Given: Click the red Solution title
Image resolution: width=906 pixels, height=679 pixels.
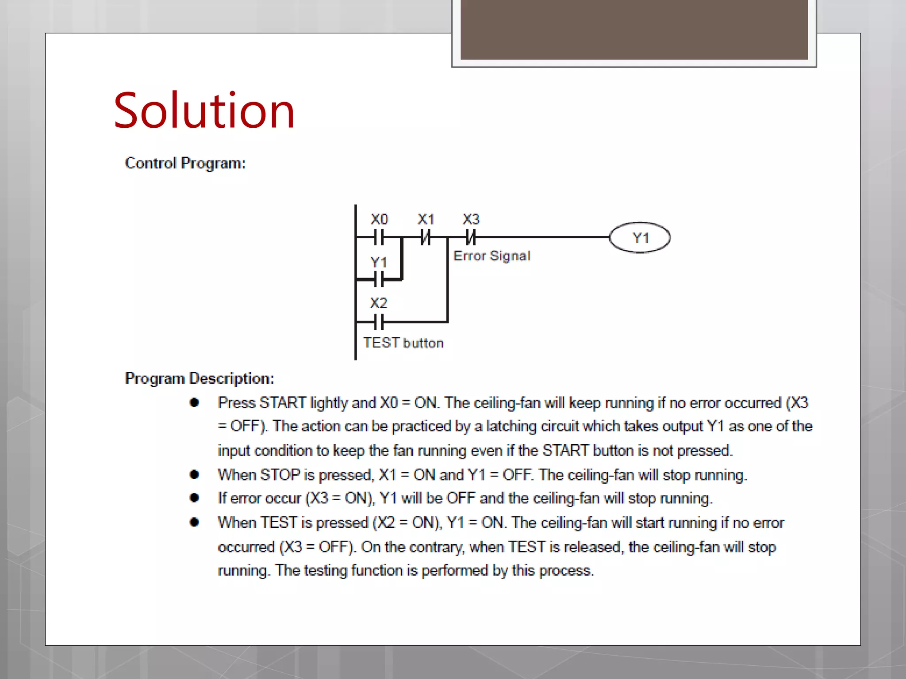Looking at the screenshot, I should click(204, 111).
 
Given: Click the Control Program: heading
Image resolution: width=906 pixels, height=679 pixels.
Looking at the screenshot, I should click(185, 163).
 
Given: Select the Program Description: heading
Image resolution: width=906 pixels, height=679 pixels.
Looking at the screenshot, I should click(200, 378).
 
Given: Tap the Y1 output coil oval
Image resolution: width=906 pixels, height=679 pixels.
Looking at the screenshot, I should click(640, 238).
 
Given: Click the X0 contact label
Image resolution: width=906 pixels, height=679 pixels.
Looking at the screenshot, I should click(379, 219).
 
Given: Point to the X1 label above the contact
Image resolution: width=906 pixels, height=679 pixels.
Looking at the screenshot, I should click(426, 219).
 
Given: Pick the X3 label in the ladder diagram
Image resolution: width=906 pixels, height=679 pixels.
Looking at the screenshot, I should click(471, 219).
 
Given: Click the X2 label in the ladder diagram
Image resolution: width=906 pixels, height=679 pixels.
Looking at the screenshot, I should click(379, 303).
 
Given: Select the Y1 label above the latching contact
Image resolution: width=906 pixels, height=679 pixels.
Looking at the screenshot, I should click(379, 262).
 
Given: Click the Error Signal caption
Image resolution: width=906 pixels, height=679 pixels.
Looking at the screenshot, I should click(492, 256).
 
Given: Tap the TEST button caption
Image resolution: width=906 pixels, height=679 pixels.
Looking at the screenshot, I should click(403, 343).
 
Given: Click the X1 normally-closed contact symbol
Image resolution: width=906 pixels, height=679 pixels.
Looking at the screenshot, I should click(425, 237).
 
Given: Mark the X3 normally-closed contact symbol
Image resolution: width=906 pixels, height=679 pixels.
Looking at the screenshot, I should click(471, 237).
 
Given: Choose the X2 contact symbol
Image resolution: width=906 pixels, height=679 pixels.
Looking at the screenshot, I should click(379, 322).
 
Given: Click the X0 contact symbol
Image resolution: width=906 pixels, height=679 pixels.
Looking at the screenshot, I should click(379, 237).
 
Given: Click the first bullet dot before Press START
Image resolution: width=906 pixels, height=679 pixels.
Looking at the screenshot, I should click(194, 402).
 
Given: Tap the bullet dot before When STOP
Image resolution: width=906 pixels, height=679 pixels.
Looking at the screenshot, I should click(194, 475).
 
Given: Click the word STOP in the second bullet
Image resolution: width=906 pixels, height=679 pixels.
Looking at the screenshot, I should click(280, 475).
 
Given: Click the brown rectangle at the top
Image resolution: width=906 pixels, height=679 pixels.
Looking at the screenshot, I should click(634, 30).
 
